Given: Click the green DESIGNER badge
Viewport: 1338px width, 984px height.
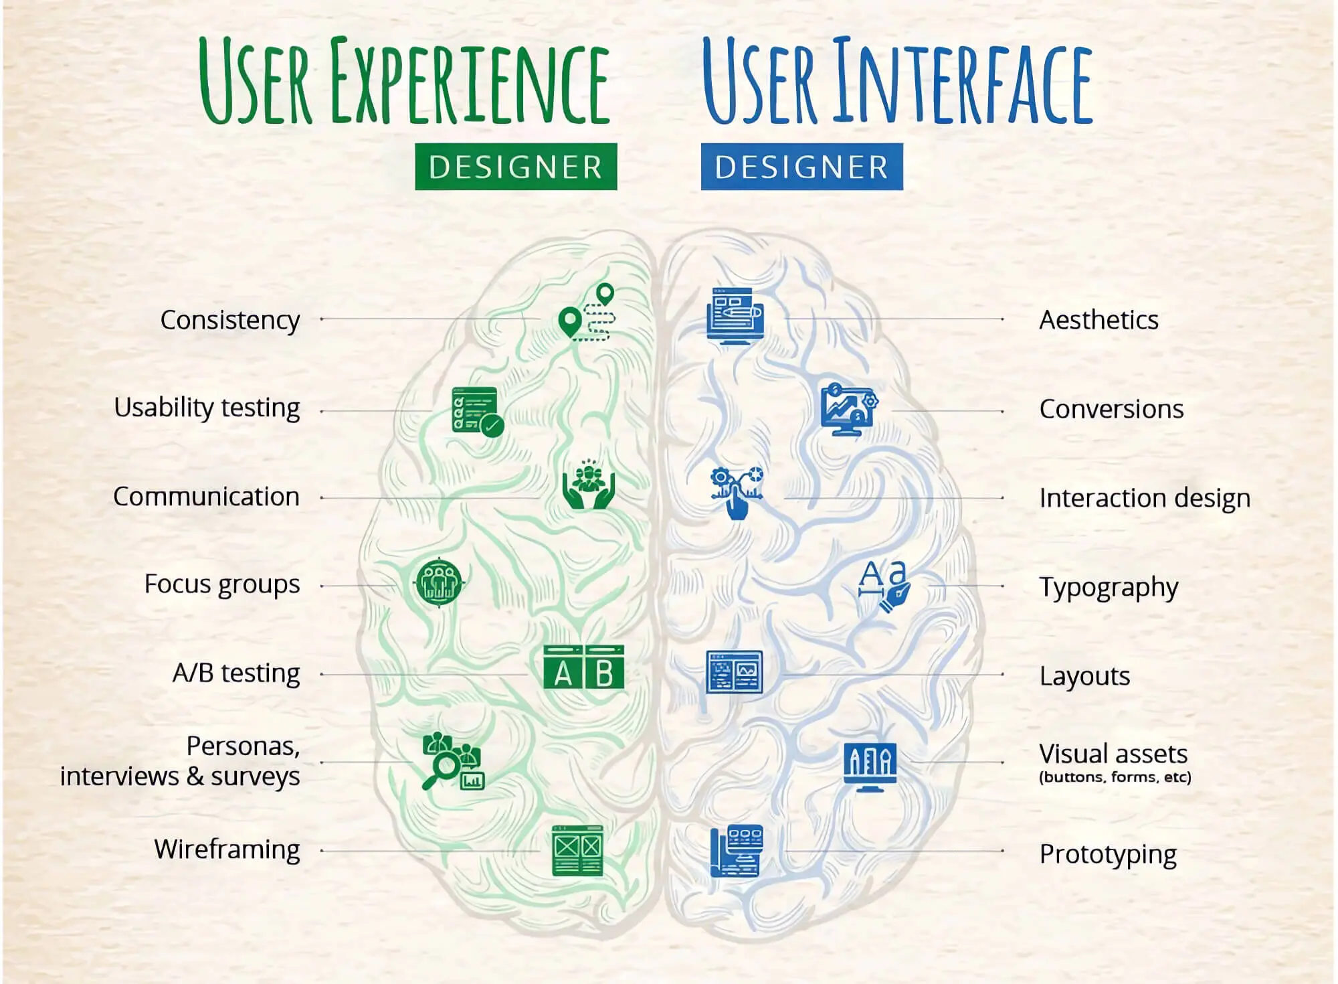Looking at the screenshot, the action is pos(516,167).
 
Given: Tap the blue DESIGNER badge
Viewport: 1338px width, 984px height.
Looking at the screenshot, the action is pos(802,167).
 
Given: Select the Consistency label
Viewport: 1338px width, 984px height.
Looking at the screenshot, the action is pos(230,321).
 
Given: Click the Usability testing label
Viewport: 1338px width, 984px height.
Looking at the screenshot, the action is pos(207,408).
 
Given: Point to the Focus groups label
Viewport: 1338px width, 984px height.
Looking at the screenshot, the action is pos(222,585).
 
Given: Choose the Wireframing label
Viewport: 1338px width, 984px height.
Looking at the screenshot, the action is pos(227,850).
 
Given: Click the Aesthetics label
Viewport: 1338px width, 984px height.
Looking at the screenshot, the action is pos(1098,320).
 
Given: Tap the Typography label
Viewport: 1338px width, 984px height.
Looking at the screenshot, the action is pos(1109,588).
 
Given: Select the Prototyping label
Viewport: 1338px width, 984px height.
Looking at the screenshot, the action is pos(1108,855).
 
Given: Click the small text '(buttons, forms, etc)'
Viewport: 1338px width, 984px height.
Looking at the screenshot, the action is pos(1115,777).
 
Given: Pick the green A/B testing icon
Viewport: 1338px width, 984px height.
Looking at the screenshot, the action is pos(583,667).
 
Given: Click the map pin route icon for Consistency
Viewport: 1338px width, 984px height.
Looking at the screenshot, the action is pos(587,312).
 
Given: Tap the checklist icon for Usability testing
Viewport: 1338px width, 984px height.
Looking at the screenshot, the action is pos(477,412).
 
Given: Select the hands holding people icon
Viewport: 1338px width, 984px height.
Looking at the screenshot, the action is pos(588,484).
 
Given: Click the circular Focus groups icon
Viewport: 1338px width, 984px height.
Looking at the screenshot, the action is pos(440,582).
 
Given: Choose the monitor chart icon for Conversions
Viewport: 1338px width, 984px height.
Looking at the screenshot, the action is pos(849,409).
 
